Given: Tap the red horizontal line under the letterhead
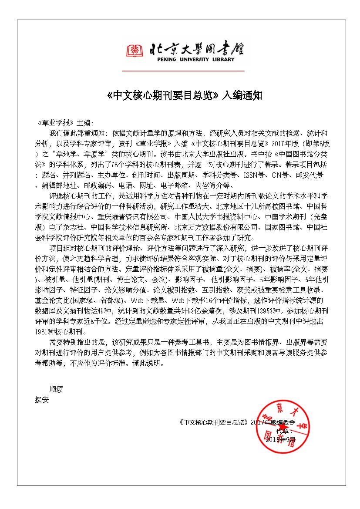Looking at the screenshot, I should (x=183, y=71).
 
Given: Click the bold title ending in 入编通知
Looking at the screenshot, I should (x=185, y=96).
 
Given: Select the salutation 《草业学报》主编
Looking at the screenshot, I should (x=65, y=123).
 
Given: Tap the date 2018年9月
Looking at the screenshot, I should (x=280, y=440).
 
